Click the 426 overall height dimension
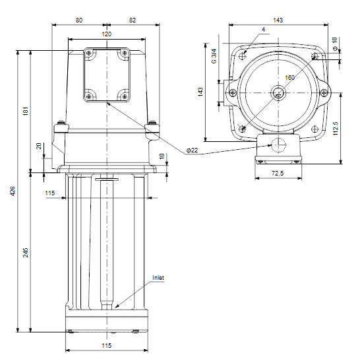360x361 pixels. click(x=13, y=191)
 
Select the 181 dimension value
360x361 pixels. click(x=26, y=111)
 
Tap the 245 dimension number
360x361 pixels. click(x=26, y=253)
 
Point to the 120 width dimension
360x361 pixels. click(x=107, y=34)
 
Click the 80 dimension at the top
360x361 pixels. click(x=79, y=20)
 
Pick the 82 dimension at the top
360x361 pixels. click(x=133, y=20)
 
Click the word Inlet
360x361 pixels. click(x=158, y=278)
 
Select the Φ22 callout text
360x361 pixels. click(x=192, y=150)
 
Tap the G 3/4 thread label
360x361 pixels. click(x=214, y=56)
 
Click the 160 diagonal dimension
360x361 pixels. click(x=289, y=78)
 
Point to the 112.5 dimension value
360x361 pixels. click(x=336, y=129)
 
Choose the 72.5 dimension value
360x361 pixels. click(x=278, y=173)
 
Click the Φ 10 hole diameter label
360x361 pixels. click(x=335, y=44)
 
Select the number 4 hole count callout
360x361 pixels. click(x=263, y=30)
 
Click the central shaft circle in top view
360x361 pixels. click(x=278, y=93)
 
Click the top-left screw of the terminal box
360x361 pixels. click(x=89, y=53)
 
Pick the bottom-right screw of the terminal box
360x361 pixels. click(x=125, y=96)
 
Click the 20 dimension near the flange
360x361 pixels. click(x=39, y=146)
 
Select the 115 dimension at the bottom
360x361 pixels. click(x=107, y=346)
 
